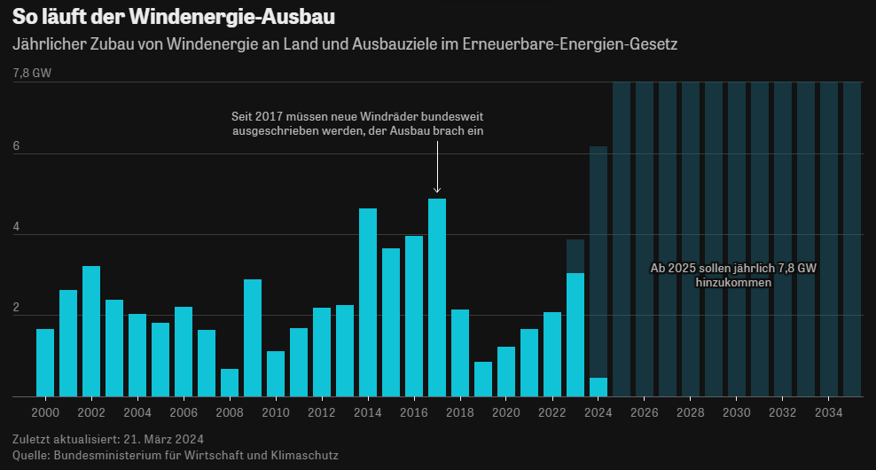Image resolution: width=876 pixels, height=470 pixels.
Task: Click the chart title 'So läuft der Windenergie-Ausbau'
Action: tap(174, 17)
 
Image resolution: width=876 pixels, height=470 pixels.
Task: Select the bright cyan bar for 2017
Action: tap(437, 297)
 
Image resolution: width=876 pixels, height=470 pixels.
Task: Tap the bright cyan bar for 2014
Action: tap(368, 302)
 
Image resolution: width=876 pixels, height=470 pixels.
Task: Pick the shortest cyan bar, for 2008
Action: tap(230, 382)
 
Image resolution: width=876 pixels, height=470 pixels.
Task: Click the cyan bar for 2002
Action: tap(91, 331)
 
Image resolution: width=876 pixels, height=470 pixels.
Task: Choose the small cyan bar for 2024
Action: tap(598, 387)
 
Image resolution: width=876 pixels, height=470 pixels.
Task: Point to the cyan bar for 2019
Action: tap(483, 379)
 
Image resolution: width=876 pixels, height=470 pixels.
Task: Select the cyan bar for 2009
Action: tap(253, 337)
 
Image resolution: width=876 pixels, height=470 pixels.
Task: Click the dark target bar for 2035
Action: tap(852, 239)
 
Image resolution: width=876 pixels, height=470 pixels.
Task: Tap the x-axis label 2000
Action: tap(45, 412)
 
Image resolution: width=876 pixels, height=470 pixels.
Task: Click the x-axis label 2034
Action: tap(829, 412)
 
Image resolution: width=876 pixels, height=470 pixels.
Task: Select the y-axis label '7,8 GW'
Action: tap(32, 74)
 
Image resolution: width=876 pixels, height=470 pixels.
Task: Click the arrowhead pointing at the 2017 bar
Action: tap(437, 190)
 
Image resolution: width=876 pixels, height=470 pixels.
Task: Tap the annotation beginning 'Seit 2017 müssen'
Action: tap(357, 124)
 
